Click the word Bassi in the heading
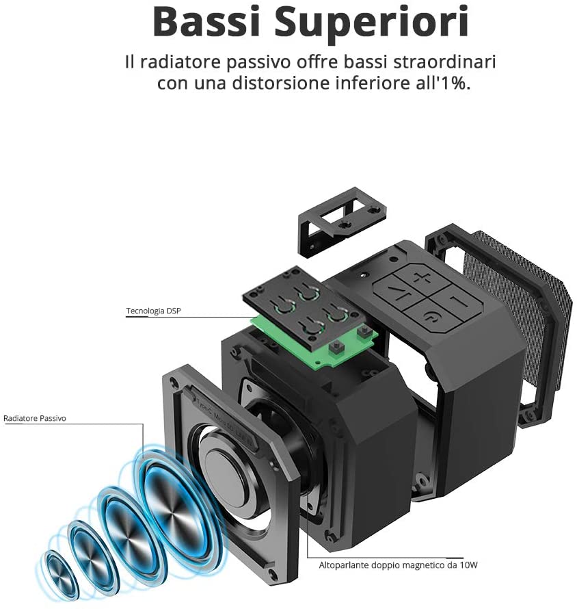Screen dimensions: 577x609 pyautogui.click(x=206, y=22)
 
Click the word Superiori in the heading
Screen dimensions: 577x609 pyautogui.click(x=371, y=24)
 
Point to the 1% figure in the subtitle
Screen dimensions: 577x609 pyautogui.click(x=455, y=83)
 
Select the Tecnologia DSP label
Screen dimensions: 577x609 pyautogui.click(x=153, y=311)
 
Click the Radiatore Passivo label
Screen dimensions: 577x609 pyautogui.click(x=35, y=418)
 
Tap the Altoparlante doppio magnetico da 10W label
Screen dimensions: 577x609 pyautogui.click(x=398, y=565)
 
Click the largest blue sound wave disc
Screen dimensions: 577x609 pyautogui.click(x=174, y=501)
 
